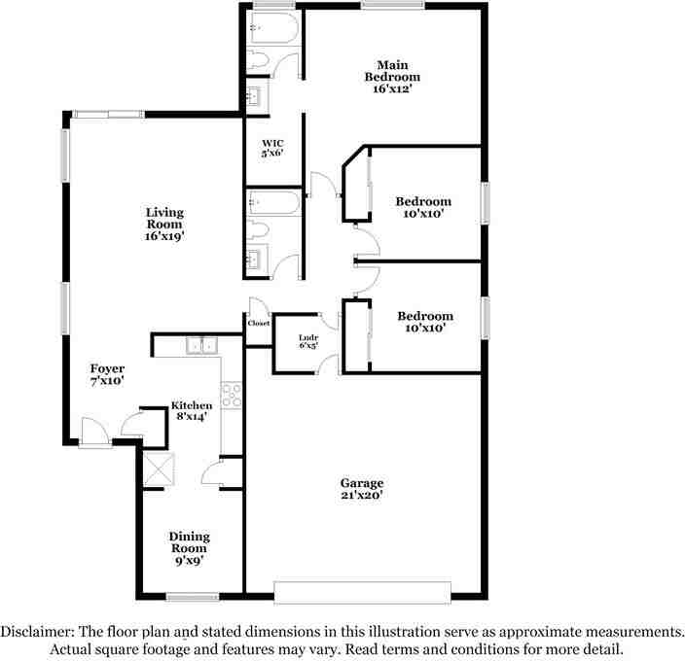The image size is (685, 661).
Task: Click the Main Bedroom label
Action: tap(392, 76)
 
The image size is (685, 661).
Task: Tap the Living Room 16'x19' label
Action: tap(164, 224)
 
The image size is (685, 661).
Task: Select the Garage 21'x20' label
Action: tap(361, 489)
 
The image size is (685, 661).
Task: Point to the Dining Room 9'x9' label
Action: tap(189, 548)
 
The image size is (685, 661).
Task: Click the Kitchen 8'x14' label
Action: tap(192, 410)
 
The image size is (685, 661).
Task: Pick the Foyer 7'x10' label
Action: tap(107, 375)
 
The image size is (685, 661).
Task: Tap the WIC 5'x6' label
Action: tap(273, 150)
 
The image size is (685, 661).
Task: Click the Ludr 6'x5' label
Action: tap(308, 341)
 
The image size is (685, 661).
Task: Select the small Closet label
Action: tap(258, 323)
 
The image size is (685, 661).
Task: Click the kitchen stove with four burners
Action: tap(232, 394)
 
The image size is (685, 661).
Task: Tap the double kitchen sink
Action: tap(202, 344)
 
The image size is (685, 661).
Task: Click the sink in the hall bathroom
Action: tap(256, 259)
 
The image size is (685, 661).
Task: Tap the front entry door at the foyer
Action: tap(94, 433)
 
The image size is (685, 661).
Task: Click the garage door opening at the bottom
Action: tap(362, 592)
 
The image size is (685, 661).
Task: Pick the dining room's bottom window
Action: tap(192, 596)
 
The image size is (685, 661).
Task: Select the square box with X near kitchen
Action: tap(157, 469)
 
